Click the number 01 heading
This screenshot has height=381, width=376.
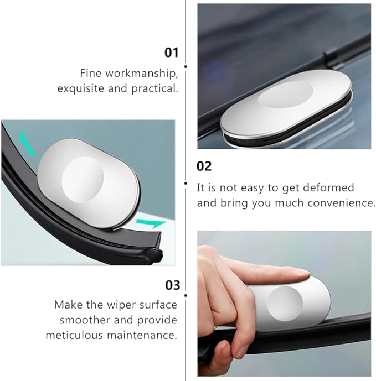(x=171, y=53)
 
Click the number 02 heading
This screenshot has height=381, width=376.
(x=204, y=166)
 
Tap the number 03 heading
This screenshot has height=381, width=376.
(x=173, y=285)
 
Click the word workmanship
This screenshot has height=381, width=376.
(x=141, y=74)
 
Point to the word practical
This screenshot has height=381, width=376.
(x=154, y=88)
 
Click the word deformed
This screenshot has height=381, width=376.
(x=328, y=187)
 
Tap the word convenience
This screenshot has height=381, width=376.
(x=342, y=203)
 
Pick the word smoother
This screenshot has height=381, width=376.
(x=85, y=320)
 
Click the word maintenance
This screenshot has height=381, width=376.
(x=142, y=336)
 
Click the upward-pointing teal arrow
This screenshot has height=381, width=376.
(x=27, y=143)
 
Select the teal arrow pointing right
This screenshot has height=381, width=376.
(x=151, y=223)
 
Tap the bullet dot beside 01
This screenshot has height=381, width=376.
(x=186, y=66)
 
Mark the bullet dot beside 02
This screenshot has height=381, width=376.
(x=186, y=183)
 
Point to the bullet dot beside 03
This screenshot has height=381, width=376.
(x=186, y=295)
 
